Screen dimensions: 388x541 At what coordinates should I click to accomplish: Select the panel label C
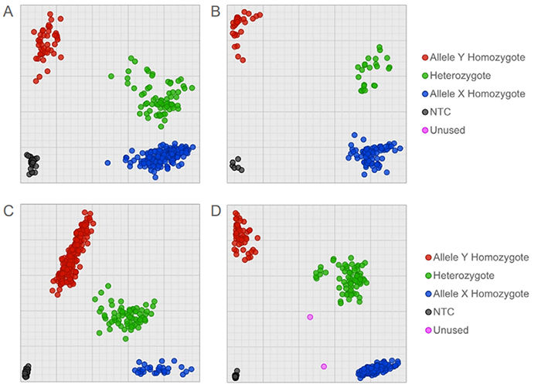(8, 210)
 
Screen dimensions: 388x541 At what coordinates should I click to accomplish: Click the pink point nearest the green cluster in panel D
(310, 317)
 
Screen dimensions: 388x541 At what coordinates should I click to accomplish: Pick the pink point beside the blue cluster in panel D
(324, 366)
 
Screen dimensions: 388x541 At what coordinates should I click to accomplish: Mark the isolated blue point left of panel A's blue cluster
(107, 162)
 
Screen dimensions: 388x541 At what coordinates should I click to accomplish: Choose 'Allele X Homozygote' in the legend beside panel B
(477, 94)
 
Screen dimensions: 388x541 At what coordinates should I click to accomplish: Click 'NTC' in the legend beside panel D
(451, 312)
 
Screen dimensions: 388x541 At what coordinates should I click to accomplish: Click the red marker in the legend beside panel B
(425, 57)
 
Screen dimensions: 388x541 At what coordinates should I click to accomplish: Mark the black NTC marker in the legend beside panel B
(425, 112)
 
